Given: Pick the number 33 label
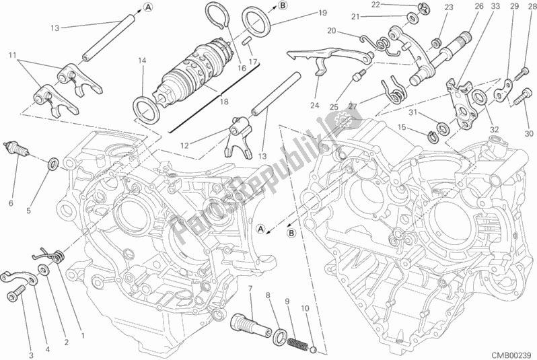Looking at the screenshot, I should coord(495,7).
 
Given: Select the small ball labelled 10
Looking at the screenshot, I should coord(314,349).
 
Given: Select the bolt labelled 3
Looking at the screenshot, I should coord(15,293).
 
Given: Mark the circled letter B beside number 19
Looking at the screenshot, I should coord(282,5).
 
